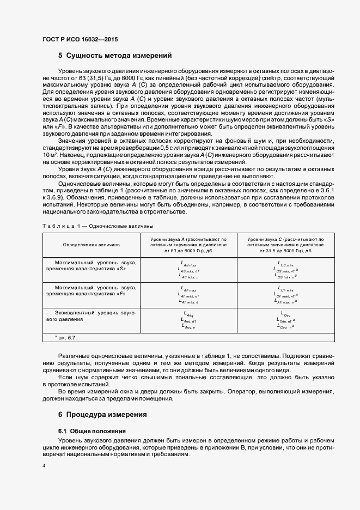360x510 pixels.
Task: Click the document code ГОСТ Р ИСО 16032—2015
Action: coord(80,39)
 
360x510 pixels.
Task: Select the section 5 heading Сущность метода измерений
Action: coord(115,56)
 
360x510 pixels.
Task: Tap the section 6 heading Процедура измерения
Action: coord(102,415)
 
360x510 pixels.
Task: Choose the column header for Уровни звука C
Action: coord(286,245)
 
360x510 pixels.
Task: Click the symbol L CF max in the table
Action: coord(285,289)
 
